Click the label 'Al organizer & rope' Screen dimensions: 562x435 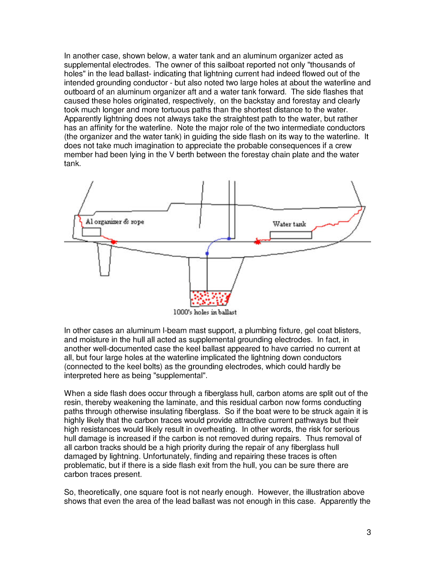click(x=115, y=222)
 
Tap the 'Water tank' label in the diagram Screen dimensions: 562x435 click(x=289, y=224)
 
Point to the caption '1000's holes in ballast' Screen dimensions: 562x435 click(x=205, y=312)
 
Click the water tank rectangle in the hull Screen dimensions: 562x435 click(x=291, y=235)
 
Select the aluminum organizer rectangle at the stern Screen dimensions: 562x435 click(x=91, y=232)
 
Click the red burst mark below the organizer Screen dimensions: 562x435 click(x=114, y=242)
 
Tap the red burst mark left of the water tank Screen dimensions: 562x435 click(x=258, y=241)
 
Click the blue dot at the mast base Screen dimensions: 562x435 click(x=229, y=239)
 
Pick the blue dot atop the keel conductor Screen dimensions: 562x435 click(x=207, y=253)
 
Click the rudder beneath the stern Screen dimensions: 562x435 click(x=105, y=259)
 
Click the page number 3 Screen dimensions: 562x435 click(x=369, y=532)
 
